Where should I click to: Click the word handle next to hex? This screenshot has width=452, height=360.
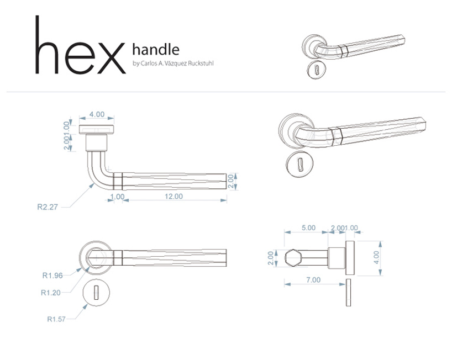click(156, 49)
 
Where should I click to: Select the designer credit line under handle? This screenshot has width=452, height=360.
click(173, 63)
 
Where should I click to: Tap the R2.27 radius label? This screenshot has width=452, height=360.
click(48, 207)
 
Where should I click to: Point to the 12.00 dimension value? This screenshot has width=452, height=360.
click(174, 196)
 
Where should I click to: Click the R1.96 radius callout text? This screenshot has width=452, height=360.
click(52, 276)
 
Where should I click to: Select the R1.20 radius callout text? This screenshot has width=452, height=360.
click(51, 293)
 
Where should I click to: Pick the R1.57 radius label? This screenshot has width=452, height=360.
click(56, 319)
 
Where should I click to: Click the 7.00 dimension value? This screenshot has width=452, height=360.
click(313, 279)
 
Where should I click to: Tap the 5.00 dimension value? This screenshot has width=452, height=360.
click(308, 228)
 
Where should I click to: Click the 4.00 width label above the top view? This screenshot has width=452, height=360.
click(97, 114)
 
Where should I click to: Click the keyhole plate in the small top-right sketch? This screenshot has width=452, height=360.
click(316, 70)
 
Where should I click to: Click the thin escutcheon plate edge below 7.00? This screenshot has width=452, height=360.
click(349, 292)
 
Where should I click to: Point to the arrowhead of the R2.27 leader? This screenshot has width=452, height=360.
click(92, 186)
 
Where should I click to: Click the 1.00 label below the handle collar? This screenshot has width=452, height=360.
click(117, 197)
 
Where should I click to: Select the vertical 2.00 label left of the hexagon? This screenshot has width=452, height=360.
click(270, 258)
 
